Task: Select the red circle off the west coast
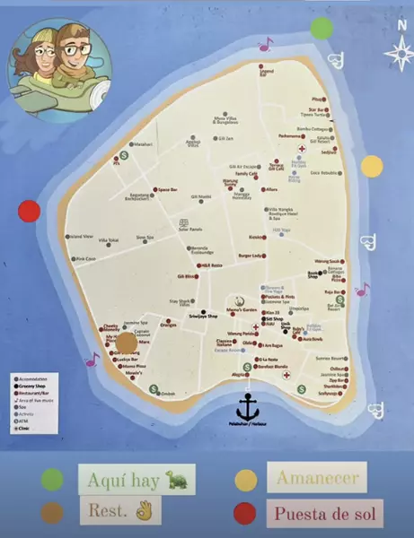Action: pyautogui.click(x=30, y=212)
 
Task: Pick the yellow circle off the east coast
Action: pyautogui.click(x=372, y=166)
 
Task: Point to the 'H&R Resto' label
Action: pyautogui.click(x=211, y=265)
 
